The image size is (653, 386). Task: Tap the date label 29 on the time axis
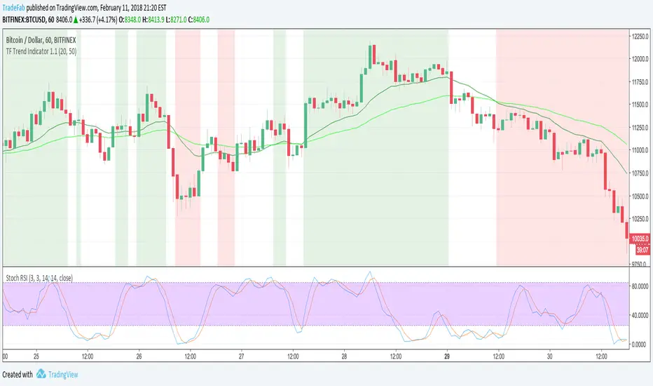(x=447, y=356)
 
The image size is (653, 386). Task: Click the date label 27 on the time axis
(x=240, y=356)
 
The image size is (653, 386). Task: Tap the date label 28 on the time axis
(x=344, y=356)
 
